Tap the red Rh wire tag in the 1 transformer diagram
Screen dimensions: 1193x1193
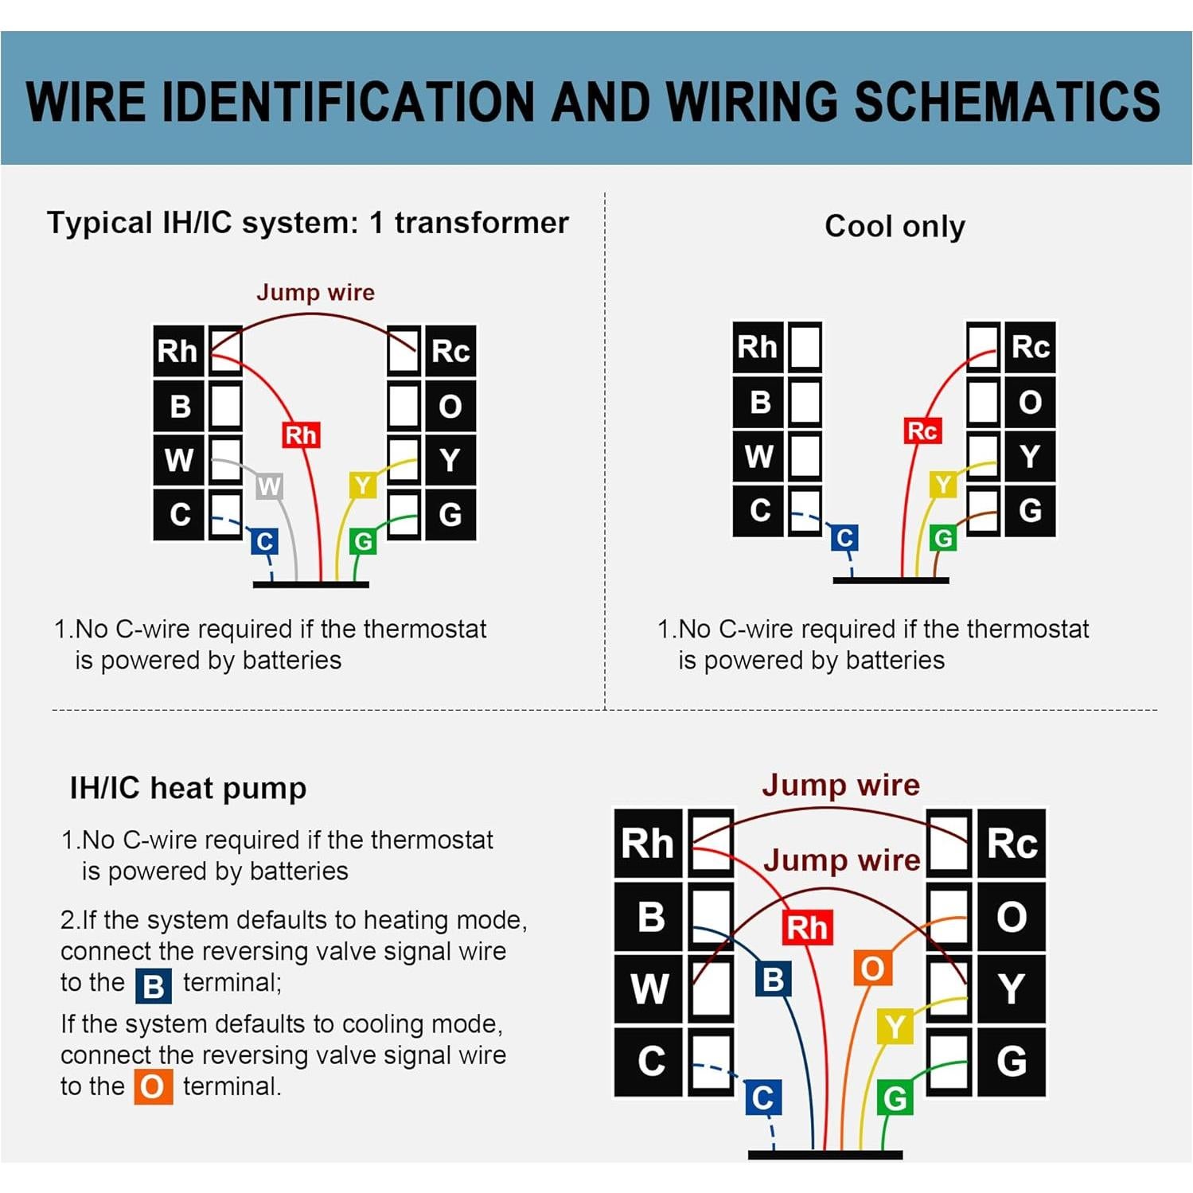pos(301,435)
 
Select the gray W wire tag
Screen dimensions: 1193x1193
pos(269,486)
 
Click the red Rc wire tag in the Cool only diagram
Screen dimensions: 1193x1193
pos(922,431)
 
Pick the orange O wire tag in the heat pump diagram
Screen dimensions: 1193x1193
pos(872,969)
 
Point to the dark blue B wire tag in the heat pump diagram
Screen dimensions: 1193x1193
pos(773,979)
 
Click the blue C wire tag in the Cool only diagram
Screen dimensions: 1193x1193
pos(844,538)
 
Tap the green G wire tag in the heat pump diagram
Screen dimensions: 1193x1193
pos(895,1098)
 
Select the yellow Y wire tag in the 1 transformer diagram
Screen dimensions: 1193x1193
pos(363,485)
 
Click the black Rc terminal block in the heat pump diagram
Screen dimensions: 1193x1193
pos(1011,843)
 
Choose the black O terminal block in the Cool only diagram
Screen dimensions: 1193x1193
pos(1030,402)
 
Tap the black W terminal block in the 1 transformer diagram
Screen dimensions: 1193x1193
pos(179,460)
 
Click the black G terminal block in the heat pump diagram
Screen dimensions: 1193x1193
pos(1011,1061)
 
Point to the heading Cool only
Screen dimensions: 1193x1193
pos(895,226)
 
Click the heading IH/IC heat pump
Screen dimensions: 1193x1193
pos(188,788)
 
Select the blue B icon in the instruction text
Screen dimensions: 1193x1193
pos(153,985)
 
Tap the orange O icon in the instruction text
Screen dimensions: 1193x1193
pos(153,1087)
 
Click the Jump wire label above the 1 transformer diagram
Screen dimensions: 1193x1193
pos(315,292)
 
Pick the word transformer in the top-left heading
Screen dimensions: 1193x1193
pos(481,223)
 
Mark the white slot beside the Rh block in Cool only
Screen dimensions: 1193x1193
pos(805,347)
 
